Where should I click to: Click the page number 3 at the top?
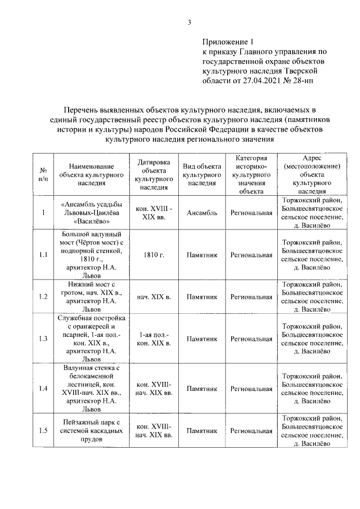point(190,22)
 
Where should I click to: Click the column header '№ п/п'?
point(43,174)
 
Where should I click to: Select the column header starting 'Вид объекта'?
point(202,174)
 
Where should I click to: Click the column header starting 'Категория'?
point(251,174)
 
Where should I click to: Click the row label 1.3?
point(43,339)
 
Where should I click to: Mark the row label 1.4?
point(43,388)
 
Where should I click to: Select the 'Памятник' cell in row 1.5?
point(202,431)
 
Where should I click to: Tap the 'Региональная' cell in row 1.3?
point(251,339)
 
